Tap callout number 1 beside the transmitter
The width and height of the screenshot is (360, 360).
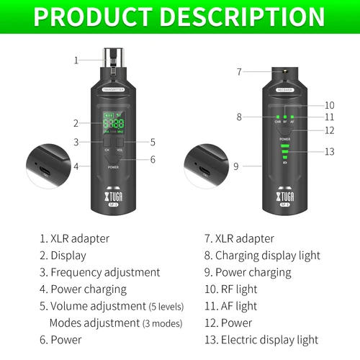point(76,60)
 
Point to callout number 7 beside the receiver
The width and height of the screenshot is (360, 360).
point(240,71)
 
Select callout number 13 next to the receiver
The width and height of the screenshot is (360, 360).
point(330,151)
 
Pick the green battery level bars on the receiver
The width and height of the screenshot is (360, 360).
point(285,153)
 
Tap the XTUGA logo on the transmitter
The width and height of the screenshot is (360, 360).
point(113,196)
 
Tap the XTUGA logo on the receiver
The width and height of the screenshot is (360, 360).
point(285,196)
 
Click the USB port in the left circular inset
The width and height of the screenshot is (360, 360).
point(45,171)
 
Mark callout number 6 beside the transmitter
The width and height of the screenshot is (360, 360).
point(153,160)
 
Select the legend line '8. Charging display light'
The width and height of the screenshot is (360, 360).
point(262,255)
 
